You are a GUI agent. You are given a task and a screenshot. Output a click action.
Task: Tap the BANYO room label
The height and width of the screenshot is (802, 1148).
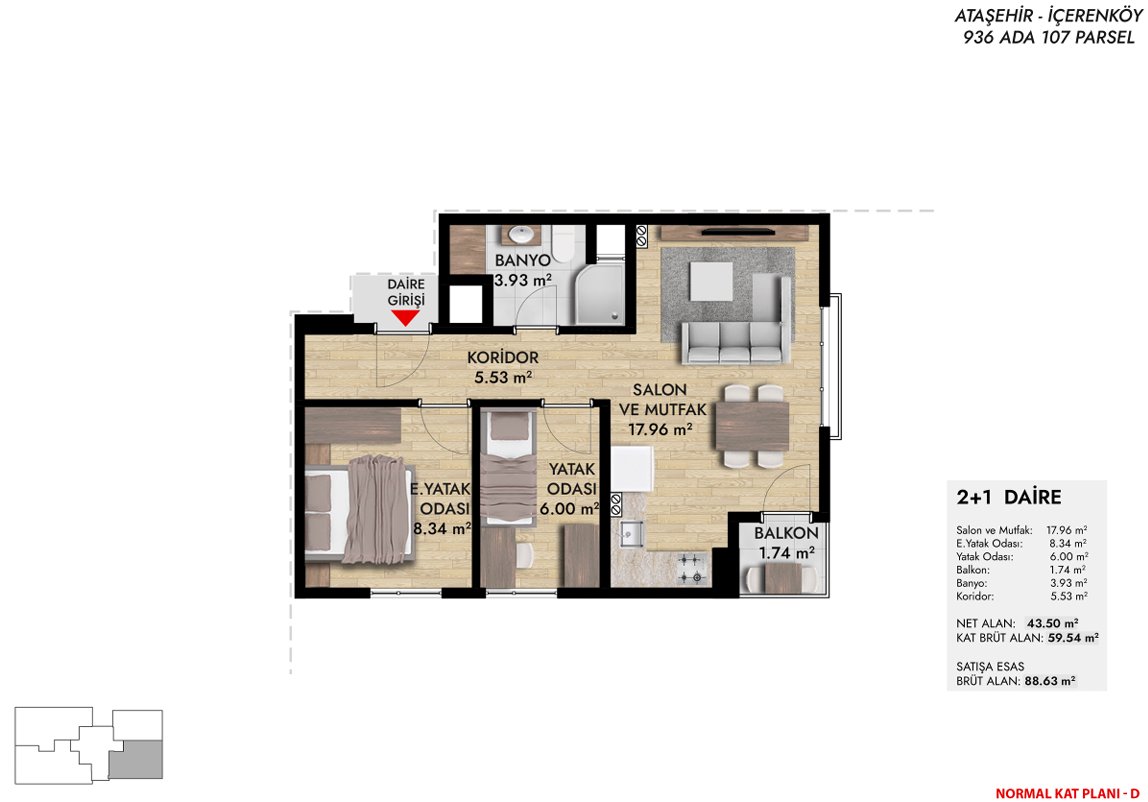coord(522,261)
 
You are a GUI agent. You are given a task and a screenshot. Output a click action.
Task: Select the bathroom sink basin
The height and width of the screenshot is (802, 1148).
coord(521,235)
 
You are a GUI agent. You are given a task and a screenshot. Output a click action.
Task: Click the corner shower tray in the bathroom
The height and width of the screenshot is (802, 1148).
coord(600,294)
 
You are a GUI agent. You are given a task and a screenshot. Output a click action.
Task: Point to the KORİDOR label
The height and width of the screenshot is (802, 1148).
coord(503,357)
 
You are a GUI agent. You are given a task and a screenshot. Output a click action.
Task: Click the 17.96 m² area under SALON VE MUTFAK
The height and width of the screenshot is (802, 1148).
coord(660,429)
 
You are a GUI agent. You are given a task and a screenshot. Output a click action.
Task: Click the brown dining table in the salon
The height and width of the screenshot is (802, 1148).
coord(752,426)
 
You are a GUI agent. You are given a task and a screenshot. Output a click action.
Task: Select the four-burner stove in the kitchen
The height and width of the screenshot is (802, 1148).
coord(690,569)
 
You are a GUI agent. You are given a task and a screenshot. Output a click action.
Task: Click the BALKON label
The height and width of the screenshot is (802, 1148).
coord(786,534)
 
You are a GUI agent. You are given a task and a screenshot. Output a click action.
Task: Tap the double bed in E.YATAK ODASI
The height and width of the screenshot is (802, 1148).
coord(357,510)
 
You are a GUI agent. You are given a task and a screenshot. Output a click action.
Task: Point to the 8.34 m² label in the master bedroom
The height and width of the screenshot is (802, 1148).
coord(441,528)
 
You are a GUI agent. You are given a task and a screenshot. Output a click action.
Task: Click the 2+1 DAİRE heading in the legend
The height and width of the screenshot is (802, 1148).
coord(1009,497)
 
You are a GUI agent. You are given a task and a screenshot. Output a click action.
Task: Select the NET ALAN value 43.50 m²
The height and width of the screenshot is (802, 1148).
coord(1053,623)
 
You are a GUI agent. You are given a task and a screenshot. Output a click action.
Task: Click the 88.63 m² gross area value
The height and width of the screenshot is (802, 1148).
coord(1050,681)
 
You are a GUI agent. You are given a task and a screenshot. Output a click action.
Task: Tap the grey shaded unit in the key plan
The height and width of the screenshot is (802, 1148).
coord(135,759)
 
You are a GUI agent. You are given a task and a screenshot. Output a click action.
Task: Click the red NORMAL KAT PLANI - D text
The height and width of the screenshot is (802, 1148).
coord(1067,793)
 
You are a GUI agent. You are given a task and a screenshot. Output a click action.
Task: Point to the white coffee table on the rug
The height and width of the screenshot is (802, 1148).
coord(711,281)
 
